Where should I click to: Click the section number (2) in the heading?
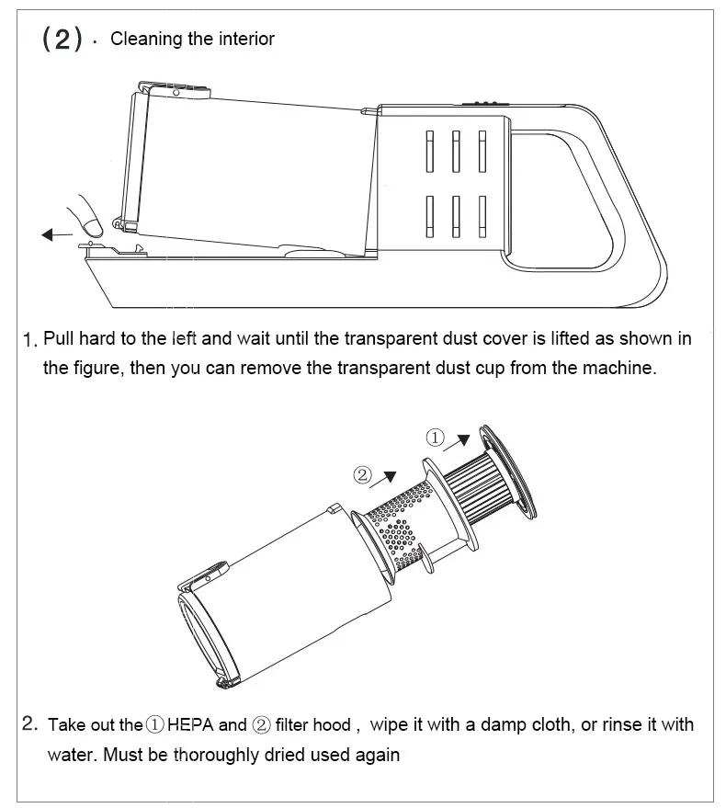62,39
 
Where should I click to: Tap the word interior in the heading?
247,39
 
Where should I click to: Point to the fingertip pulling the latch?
92,227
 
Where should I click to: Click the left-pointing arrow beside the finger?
57,235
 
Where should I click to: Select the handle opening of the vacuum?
562,200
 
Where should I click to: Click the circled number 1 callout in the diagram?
435,438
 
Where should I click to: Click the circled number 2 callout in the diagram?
362,474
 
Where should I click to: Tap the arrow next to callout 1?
457,443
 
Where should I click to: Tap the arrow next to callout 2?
383,479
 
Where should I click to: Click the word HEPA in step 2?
190,724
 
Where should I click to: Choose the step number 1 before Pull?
30,340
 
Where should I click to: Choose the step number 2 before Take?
30,723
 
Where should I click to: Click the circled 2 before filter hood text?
261,725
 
